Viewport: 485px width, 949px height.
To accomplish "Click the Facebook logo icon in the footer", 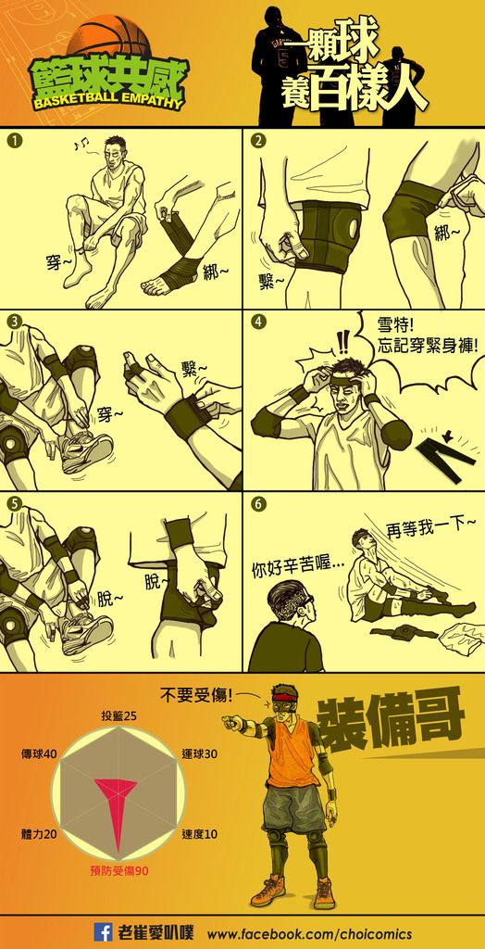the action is [x=103, y=931].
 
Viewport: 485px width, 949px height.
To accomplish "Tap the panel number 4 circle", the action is [x=258, y=322].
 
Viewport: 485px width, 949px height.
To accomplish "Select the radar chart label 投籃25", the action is [x=118, y=716].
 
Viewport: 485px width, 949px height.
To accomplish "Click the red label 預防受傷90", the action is [x=119, y=871].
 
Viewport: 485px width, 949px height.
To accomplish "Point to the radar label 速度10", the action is [x=200, y=834].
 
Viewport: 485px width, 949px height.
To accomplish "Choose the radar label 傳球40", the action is [x=38, y=754].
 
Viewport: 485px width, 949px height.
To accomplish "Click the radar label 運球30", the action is [x=200, y=754].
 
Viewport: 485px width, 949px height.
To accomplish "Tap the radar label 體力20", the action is [x=39, y=834].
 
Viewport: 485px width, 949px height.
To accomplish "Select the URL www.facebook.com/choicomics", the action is [x=310, y=932].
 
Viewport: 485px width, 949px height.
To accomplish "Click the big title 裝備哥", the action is [x=391, y=718].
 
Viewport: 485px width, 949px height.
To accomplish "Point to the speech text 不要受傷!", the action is [x=196, y=695].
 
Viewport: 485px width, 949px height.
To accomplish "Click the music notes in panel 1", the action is [x=81, y=145].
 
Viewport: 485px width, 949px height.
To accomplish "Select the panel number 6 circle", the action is [x=258, y=503].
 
